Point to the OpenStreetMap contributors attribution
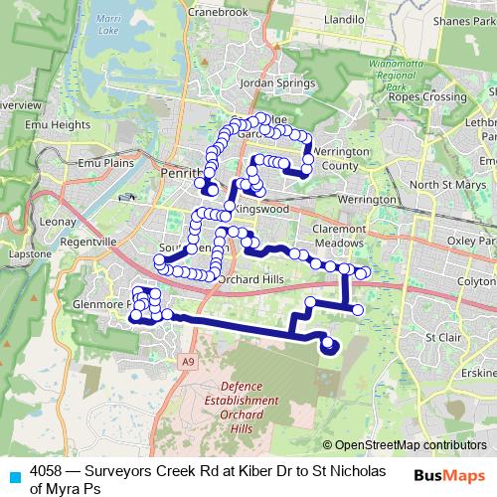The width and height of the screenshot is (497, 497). (411, 445)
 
